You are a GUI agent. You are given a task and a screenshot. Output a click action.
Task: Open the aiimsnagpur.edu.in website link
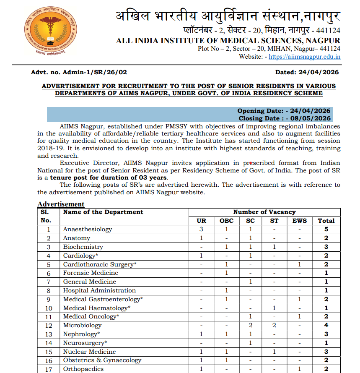click(304, 57)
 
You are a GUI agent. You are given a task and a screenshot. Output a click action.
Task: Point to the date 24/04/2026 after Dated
click(321, 72)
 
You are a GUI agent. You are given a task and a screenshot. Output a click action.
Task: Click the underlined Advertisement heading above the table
click(61, 204)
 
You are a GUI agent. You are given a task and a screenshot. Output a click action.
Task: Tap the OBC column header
click(227, 221)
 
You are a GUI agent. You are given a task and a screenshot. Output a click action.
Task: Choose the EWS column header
click(299, 221)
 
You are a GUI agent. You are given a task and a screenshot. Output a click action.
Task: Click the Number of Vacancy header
click(264, 212)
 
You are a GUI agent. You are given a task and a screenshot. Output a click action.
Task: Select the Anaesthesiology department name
click(88, 230)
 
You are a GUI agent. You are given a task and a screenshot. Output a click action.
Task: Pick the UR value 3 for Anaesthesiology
click(202, 230)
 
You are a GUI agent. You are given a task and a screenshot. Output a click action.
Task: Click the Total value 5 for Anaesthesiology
click(326, 230)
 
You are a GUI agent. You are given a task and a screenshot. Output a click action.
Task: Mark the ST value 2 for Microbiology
click(274, 325)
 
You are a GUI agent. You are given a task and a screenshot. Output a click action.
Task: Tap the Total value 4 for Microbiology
click(326, 325)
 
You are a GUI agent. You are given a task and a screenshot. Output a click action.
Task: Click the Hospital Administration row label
click(99, 290)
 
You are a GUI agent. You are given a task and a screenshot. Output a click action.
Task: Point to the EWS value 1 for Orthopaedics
click(299, 369)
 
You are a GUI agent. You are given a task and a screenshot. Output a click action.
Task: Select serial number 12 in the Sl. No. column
click(49, 325)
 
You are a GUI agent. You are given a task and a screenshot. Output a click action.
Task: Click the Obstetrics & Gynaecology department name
click(102, 360)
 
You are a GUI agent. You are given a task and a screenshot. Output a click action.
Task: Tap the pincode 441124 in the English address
click(329, 49)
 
